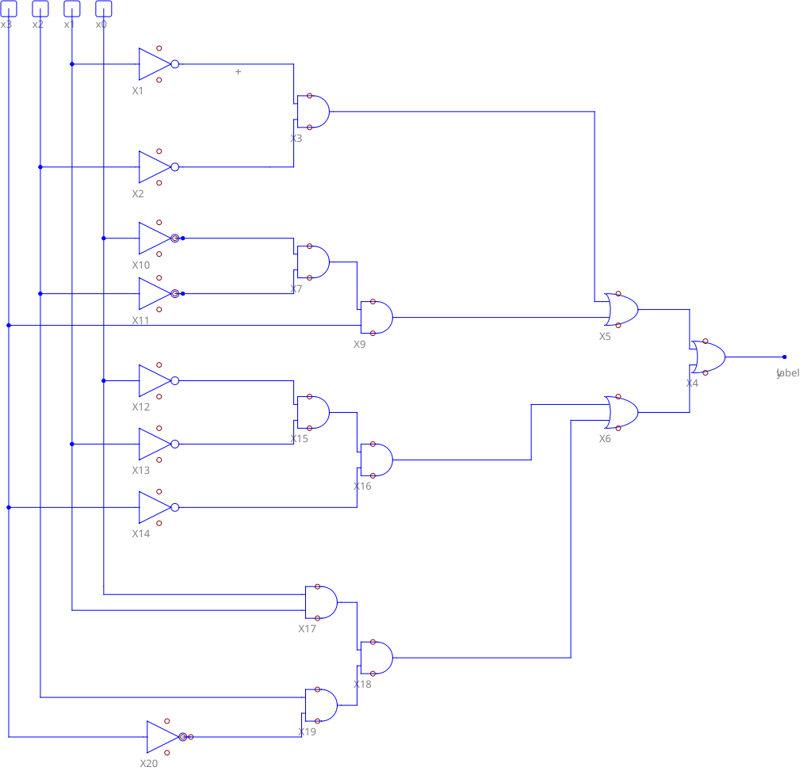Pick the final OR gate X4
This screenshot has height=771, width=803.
(707, 357)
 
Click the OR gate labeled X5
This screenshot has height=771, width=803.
(621, 310)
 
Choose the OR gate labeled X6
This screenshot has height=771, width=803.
(621, 413)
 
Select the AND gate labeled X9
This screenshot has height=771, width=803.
(376, 318)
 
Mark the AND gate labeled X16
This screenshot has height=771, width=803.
(376, 460)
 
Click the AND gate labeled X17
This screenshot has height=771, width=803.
(320, 603)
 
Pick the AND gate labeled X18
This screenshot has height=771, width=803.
(376, 658)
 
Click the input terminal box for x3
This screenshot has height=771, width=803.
(8, 9)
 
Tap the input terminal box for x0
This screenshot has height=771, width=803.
(103, 9)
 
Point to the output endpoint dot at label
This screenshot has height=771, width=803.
(785, 357)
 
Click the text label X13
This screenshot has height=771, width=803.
(140, 471)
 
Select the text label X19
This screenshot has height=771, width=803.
(307, 732)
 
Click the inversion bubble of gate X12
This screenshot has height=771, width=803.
(175, 381)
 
